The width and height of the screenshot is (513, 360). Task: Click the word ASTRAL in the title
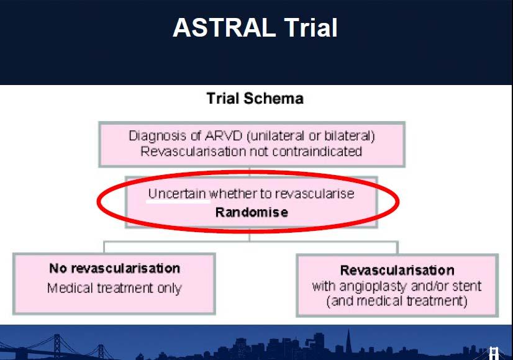[224, 28]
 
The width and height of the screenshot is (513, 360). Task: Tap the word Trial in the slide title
[311, 28]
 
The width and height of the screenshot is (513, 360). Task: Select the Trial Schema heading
[255, 99]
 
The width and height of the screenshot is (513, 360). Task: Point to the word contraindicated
[317, 151]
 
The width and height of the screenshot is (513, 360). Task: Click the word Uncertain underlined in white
[177, 194]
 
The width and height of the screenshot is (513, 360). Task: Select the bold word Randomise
[252, 212]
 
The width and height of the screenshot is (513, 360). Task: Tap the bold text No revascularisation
[114, 268]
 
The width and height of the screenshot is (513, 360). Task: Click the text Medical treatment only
[114, 289]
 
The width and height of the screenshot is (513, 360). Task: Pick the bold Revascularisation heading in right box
[397, 271]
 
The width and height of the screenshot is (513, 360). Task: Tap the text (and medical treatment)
[397, 301]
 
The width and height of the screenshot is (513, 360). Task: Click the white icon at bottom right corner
[494, 353]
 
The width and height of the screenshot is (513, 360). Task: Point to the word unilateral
[275, 136]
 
